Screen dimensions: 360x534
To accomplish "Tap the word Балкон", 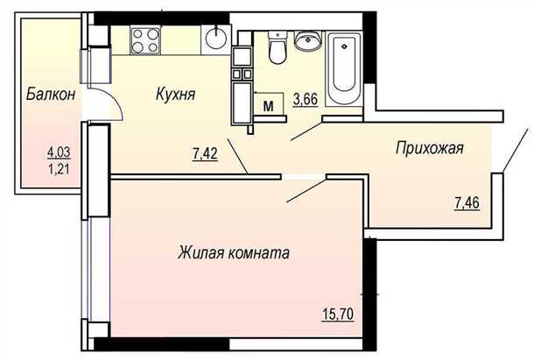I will tap(48, 94).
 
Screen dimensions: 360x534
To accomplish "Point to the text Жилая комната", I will tap(234, 254).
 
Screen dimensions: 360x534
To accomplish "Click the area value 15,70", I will tap(339, 312).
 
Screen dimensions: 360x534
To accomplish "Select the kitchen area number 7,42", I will tap(206, 155).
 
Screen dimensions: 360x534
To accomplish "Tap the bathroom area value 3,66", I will tap(306, 99).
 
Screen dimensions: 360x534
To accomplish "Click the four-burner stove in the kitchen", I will tap(145, 41).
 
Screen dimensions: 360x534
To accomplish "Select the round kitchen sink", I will tap(216, 38).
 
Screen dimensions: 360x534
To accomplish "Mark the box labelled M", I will tap(271, 104).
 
